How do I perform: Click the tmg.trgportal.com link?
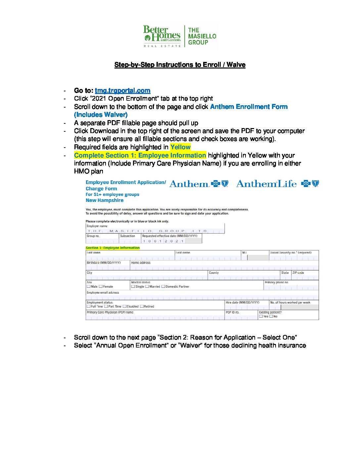point(122,91)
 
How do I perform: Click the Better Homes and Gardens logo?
point(162,36)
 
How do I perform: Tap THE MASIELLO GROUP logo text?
point(202,36)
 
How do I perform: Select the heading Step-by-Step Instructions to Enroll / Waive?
point(180,65)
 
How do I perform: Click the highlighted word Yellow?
point(180,147)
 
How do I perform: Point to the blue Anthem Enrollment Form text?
point(248,107)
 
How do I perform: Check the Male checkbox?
point(89,287)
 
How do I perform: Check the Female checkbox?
point(101,287)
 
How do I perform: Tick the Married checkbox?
point(147,287)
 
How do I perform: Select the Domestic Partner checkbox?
point(163,287)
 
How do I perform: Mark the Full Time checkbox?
point(89,306)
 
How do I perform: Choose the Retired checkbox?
point(142,306)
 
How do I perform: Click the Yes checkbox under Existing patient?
point(261,316)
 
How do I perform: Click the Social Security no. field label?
point(291,253)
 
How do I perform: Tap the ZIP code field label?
point(298,273)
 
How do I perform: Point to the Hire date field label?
point(242,303)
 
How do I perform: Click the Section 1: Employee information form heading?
point(112,248)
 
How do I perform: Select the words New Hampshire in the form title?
point(105,200)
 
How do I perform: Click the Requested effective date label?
point(169,236)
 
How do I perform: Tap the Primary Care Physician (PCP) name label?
point(110,312)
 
